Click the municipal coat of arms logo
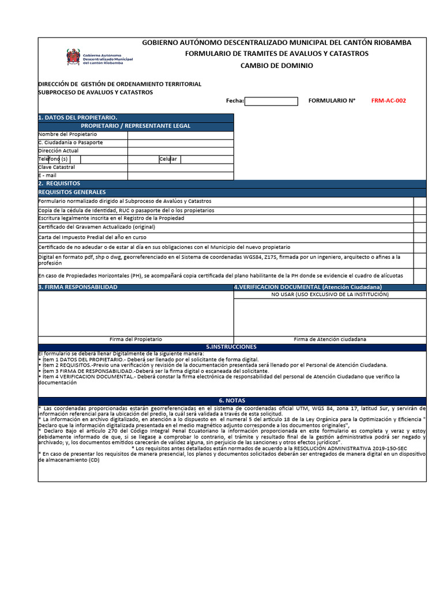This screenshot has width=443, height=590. (x=73, y=56)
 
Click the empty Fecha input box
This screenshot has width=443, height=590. (x=271, y=101)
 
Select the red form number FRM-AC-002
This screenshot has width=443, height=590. (x=388, y=101)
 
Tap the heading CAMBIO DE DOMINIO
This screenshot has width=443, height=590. (x=276, y=66)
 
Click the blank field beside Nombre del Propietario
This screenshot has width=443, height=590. (x=181, y=135)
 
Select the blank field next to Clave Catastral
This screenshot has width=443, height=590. (x=181, y=167)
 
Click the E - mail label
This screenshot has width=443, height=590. (x=48, y=176)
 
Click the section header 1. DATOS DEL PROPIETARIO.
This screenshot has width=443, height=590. (x=78, y=118)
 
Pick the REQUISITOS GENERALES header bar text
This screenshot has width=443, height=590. (x=72, y=192)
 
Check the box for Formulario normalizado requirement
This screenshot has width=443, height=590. (x=419, y=202)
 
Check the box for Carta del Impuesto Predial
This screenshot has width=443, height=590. (x=419, y=237)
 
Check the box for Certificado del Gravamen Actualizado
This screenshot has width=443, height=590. (x=419, y=227)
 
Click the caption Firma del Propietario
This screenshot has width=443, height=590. (x=136, y=339)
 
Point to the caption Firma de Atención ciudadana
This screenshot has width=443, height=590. (x=329, y=339)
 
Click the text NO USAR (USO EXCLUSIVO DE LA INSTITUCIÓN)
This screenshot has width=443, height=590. (x=330, y=294)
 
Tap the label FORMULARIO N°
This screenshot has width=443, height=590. (x=332, y=101)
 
